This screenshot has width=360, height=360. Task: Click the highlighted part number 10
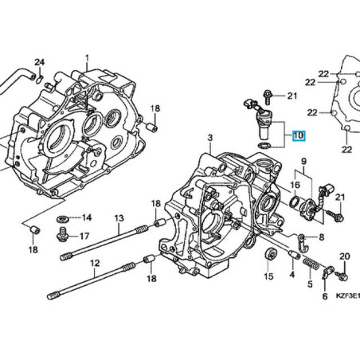pyautogui.click(x=298, y=135)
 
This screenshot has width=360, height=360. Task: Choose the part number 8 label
pyautogui.click(x=321, y=237)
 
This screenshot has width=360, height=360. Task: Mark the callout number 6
pyautogui.click(x=324, y=296)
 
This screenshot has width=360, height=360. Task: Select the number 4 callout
pyautogui.click(x=292, y=275)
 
